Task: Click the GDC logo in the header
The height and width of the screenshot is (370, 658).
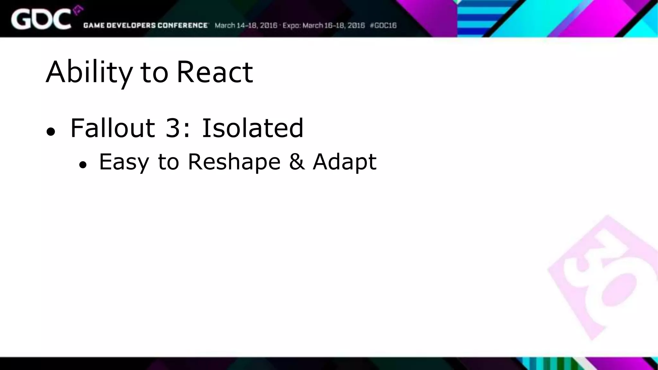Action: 41,19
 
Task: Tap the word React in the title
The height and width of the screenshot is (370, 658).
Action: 215,72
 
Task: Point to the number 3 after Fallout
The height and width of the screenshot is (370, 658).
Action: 173,128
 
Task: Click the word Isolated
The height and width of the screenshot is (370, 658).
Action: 252,128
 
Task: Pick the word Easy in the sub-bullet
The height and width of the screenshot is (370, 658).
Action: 124,162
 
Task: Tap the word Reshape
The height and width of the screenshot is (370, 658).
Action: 234,162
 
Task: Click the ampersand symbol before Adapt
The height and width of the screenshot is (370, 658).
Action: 297,162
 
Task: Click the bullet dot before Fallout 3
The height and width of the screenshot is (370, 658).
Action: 51,132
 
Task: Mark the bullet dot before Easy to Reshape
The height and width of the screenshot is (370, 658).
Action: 83,165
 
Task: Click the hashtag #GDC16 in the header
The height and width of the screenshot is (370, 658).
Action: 383,25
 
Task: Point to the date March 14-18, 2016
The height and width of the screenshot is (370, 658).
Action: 246,25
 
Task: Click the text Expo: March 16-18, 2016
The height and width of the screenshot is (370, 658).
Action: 324,25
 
